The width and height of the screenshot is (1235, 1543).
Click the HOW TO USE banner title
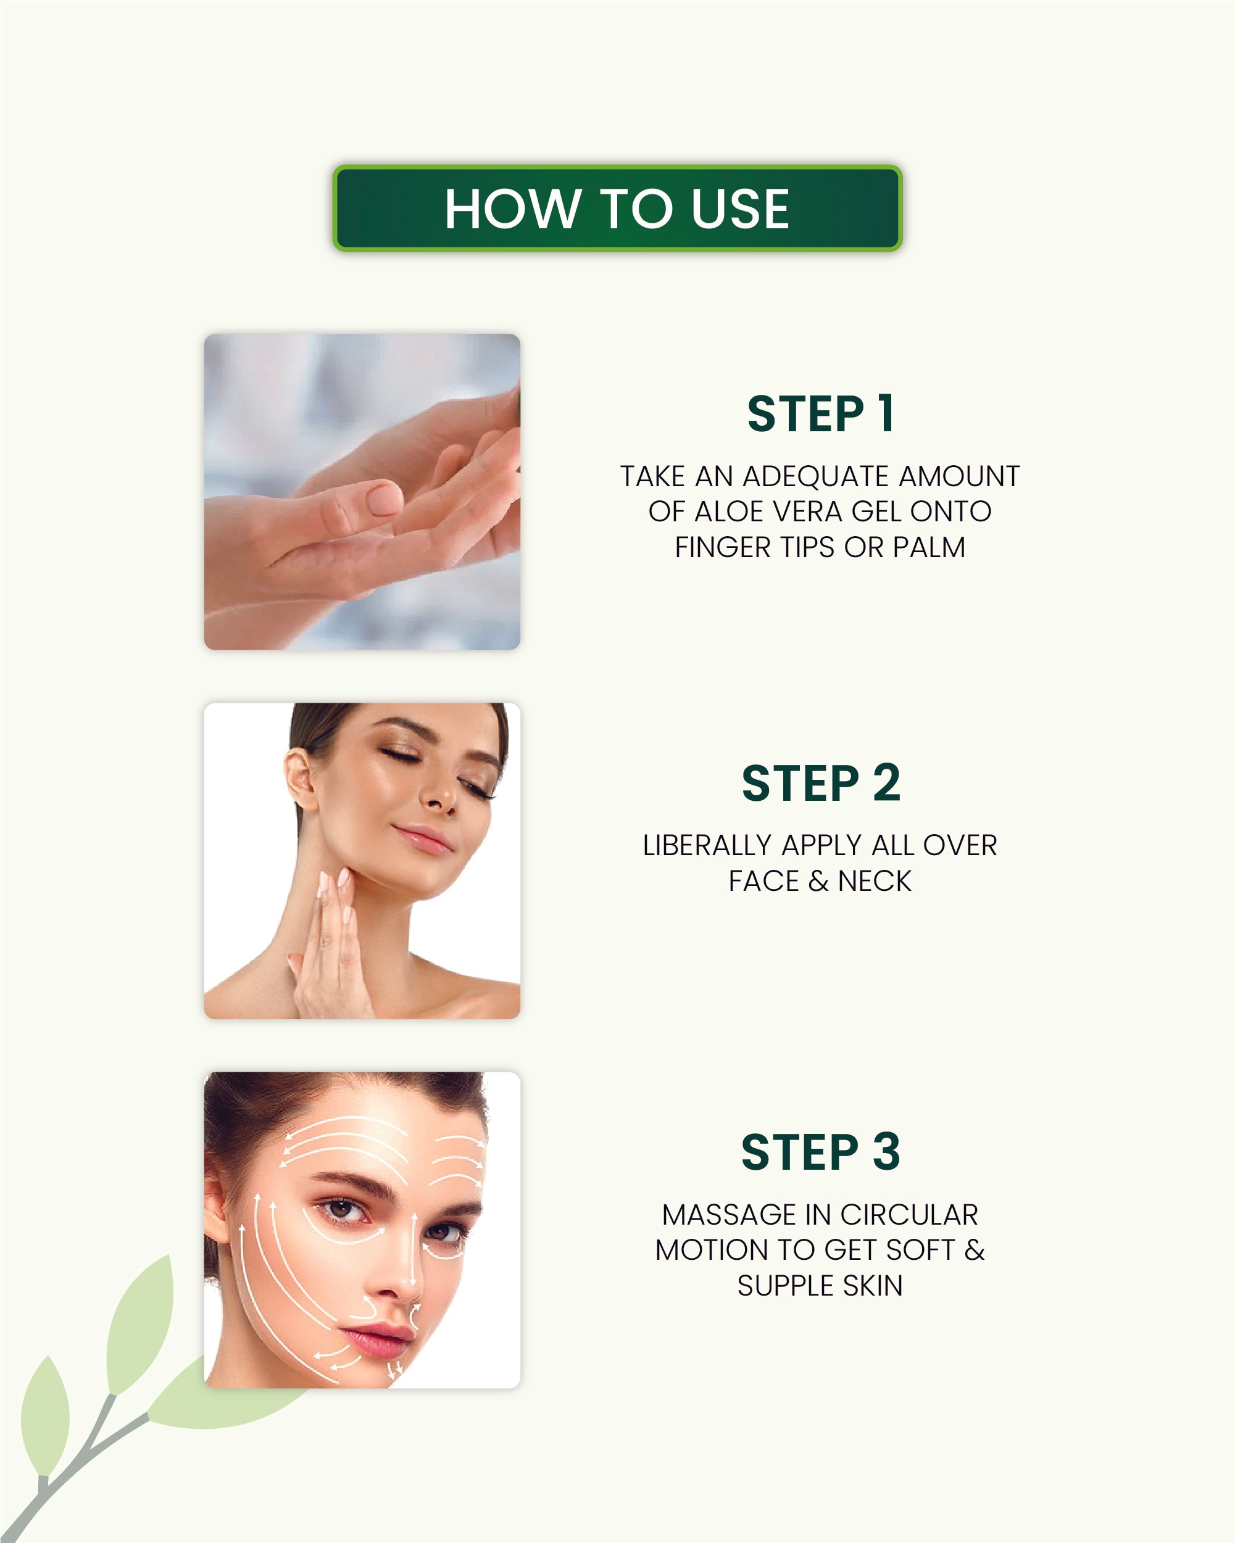pyautogui.click(x=617, y=209)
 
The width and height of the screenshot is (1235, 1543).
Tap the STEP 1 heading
pyautogui.click(x=820, y=415)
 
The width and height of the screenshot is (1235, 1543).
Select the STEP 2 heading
pyautogui.click(x=820, y=784)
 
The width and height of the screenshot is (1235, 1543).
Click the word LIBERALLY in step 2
pyautogui.click(x=706, y=846)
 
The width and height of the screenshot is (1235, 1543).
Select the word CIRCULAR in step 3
pyautogui.click(x=909, y=1215)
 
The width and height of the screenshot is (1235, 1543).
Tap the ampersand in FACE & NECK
pyautogui.click(x=818, y=881)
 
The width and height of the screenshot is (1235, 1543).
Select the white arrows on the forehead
pyautogui.click(x=344, y=1138)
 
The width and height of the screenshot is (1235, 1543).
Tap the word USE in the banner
pyautogui.click(x=739, y=209)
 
